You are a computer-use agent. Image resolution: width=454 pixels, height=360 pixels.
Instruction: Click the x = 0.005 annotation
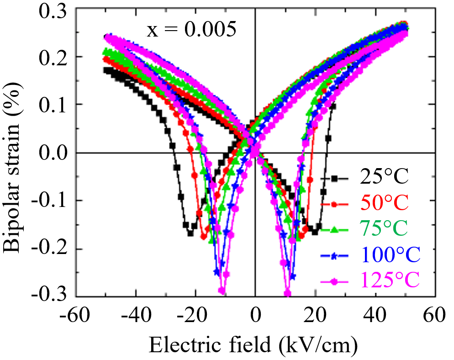pos(191,31)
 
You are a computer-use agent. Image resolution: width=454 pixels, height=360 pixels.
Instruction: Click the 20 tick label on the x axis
pos(315,316)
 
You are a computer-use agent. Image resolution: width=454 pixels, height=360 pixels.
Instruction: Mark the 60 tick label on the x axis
pos(435,316)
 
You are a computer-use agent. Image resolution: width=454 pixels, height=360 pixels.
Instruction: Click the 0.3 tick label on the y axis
pos(49,10)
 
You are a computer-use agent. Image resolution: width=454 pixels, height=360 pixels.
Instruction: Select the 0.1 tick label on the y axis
pos(49,105)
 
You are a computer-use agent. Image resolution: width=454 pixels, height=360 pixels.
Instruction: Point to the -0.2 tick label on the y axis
pos(46,249)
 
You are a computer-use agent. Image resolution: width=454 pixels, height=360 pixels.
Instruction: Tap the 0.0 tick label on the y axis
pos(49,153)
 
